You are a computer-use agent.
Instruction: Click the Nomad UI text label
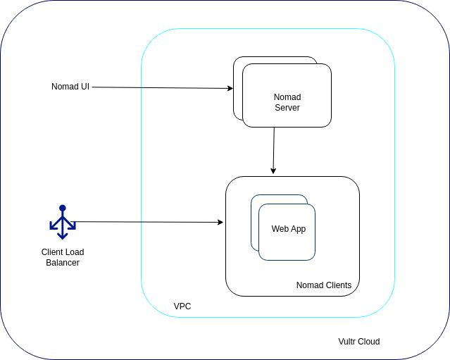pyautogui.click(x=70, y=87)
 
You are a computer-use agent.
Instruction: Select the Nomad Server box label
pyautogui.click(x=287, y=102)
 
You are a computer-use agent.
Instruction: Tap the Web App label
pyautogui.click(x=289, y=229)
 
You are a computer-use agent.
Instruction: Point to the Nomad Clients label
pyautogui.click(x=324, y=285)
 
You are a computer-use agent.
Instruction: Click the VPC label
pyautogui.click(x=182, y=306)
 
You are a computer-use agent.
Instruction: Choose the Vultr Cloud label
pyautogui.click(x=359, y=342)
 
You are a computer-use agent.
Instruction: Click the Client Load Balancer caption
pyautogui.click(x=63, y=257)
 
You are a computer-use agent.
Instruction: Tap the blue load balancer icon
pyautogui.click(x=63, y=222)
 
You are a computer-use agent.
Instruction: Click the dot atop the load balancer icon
pyautogui.click(x=63, y=208)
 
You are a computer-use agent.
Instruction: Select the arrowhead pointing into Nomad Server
pyautogui.click(x=230, y=88)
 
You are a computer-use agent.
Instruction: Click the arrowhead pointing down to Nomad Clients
pyautogui.click(x=273, y=171)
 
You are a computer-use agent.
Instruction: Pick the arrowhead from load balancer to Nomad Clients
pyautogui.click(x=220, y=222)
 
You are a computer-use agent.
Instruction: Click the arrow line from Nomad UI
pyautogui.click(x=163, y=87)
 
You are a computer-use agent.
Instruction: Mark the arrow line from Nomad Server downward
pyautogui.click(x=274, y=151)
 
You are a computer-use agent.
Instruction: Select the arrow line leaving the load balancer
pyautogui.click(x=147, y=222)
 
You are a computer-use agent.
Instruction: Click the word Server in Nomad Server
pyautogui.click(x=287, y=107)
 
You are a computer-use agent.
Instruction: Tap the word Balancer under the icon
pyautogui.click(x=63, y=262)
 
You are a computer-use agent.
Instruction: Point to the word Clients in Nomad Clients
pyautogui.click(x=338, y=285)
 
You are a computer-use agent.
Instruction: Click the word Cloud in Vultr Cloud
pyautogui.click(x=369, y=342)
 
